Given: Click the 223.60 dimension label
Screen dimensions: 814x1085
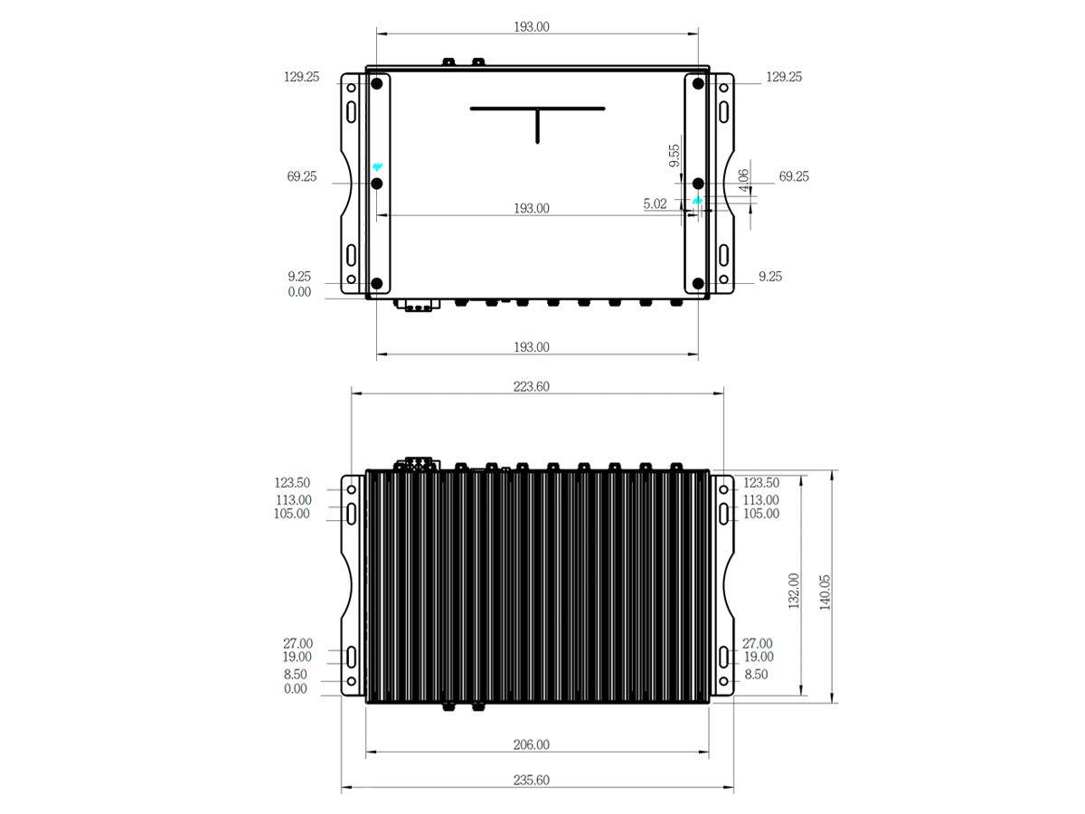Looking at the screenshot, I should coord(532,386).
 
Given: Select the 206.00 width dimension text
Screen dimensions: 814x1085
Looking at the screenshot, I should coord(532,745).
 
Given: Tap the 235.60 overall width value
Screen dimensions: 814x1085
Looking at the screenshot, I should coord(532,781).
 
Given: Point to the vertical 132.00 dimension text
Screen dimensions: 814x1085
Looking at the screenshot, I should coord(794,591).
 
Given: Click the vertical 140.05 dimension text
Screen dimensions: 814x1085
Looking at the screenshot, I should coord(825,592).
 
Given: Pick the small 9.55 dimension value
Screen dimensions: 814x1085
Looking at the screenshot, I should coord(675,156).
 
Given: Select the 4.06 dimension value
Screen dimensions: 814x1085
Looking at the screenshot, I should coord(744,181).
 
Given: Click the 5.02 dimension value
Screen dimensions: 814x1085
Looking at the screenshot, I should coord(655,204).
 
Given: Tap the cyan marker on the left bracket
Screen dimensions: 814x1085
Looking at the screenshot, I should coord(377,167).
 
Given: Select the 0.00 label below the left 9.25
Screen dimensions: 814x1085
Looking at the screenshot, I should coord(298,292).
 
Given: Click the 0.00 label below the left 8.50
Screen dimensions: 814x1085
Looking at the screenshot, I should coord(296,689).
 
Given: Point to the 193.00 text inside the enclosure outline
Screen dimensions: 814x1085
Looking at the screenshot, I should coord(532,208).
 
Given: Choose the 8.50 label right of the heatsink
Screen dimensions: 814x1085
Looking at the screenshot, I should coord(756,675).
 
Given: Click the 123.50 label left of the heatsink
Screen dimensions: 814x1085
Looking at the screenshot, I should coord(293,483).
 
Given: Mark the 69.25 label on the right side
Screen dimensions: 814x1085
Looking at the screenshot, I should coord(794,176).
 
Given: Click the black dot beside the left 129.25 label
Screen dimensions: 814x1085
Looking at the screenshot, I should coord(377,84).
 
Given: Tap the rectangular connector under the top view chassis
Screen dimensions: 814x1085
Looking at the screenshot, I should coord(416,306).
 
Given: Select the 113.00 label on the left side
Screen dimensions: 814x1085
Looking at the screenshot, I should coord(293,499).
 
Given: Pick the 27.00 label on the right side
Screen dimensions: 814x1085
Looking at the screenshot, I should coord(757,643).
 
